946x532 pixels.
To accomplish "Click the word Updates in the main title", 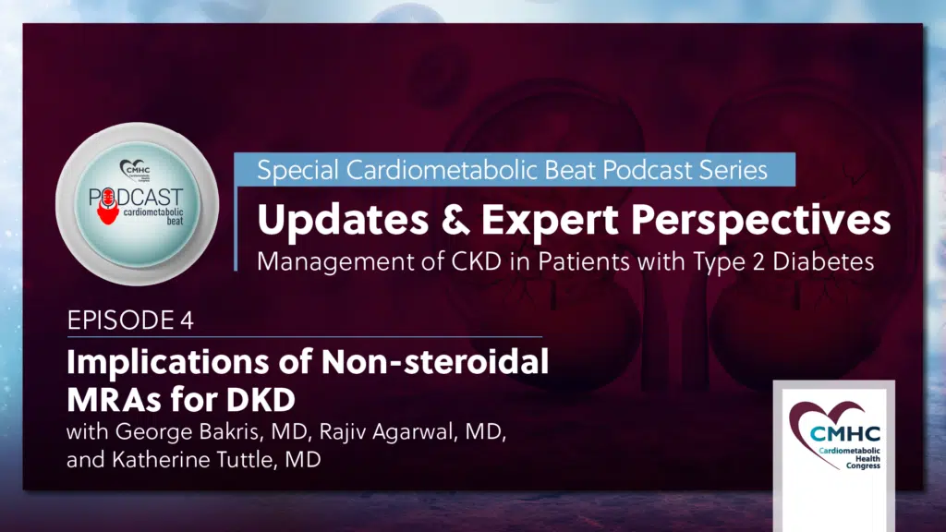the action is point(343,220).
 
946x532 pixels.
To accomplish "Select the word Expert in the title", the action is point(550,220).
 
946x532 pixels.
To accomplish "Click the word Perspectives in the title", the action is point(760,220).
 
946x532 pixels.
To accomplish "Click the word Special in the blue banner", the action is point(297,171).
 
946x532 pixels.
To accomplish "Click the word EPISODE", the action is point(121,320).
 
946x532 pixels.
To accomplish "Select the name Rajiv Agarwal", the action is point(386,432).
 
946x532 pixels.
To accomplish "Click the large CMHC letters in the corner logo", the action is point(844,433).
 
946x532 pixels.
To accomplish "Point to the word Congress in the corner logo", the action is point(863,465).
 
